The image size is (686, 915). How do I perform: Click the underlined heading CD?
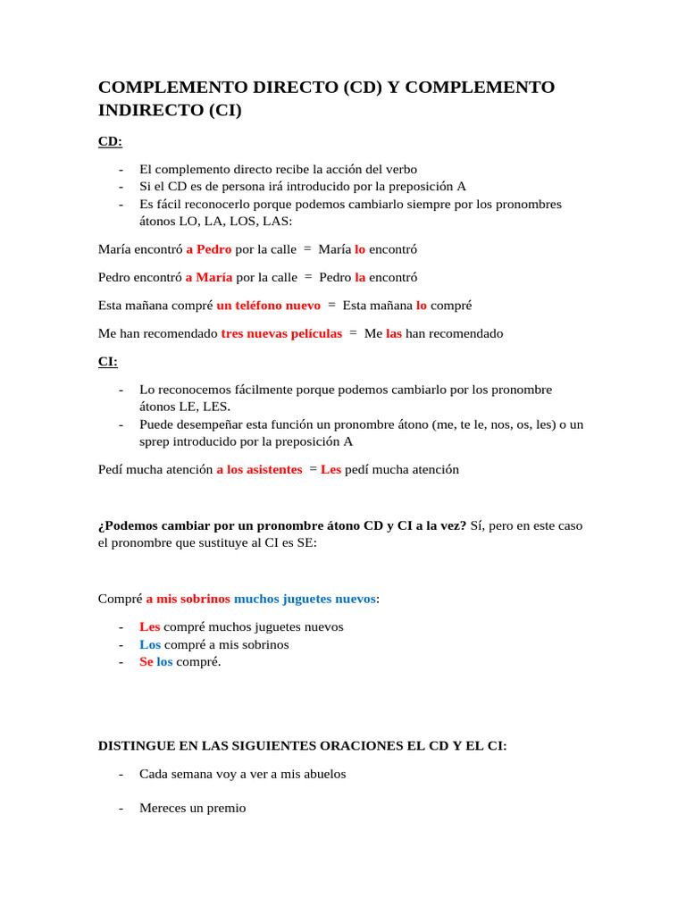(x=110, y=141)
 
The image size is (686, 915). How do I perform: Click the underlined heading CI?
(x=107, y=362)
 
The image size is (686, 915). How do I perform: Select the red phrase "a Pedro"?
(x=208, y=249)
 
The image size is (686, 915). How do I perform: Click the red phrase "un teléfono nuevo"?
(x=268, y=306)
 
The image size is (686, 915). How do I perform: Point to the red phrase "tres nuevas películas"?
(x=281, y=333)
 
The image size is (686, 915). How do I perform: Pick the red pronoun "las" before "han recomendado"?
(x=394, y=333)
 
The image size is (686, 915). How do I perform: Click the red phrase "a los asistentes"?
(x=259, y=469)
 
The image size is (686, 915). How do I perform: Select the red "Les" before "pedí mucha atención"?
(x=330, y=469)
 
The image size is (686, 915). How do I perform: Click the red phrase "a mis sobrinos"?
(x=188, y=599)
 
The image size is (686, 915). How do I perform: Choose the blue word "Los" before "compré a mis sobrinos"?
(x=149, y=644)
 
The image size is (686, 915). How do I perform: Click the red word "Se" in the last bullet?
(x=146, y=662)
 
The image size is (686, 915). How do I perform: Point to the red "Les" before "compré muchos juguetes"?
(x=149, y=627)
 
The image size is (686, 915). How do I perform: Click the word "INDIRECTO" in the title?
(x=149, y=111)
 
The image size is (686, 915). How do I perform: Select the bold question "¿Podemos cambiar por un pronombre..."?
(x=282, y=525)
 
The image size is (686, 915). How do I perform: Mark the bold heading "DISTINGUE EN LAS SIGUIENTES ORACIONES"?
(x=302, y=745)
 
